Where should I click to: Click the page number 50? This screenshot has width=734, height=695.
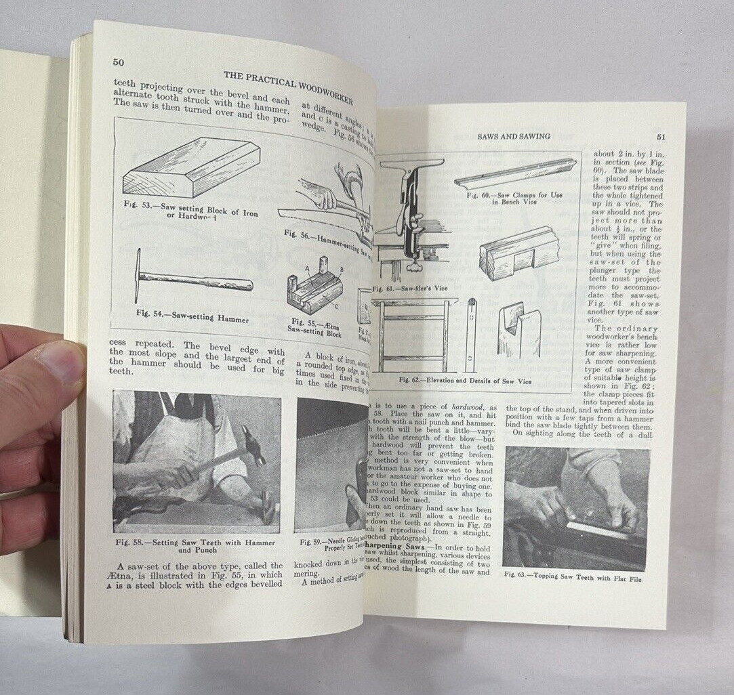[119, 62]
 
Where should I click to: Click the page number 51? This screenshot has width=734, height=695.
[661, 136]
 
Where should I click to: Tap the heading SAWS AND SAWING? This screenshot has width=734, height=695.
[514, 136]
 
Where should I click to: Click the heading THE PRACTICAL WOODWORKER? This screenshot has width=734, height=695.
[287, 85]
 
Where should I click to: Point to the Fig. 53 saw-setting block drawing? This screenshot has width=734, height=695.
[191, 168]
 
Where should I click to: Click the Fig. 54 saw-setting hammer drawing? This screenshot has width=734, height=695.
[192, 277]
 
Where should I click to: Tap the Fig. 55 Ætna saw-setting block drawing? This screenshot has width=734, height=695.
[314, 286]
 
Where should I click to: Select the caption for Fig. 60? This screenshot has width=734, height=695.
[515, 198]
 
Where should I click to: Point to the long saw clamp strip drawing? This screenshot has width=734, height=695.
[515, 173]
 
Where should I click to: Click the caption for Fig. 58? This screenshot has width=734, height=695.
[195, 546]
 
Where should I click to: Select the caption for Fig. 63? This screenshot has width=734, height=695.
[573, 578]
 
